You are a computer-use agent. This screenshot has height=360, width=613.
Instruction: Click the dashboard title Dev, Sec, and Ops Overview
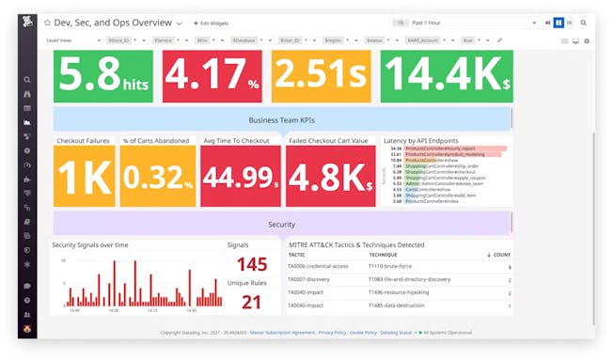click(x=114, y=22)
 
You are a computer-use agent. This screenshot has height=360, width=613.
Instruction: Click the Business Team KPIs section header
click(x=282, y=119)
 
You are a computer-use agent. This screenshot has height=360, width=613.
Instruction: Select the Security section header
click(x=282, y=224)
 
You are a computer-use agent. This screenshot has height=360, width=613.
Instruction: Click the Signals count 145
click(x=252, y=265)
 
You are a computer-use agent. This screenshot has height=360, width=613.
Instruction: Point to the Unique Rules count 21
click(x=252, y=302)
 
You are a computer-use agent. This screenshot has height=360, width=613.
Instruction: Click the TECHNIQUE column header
click(x=383, y=255)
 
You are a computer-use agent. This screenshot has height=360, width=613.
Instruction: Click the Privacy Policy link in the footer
click(x=332, y=332)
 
